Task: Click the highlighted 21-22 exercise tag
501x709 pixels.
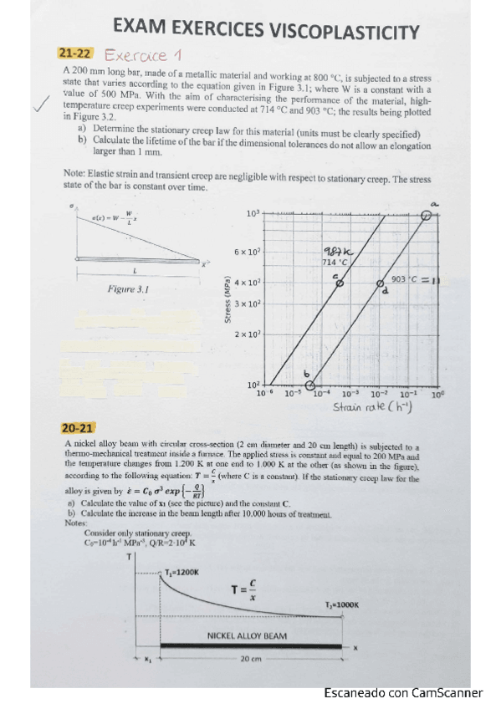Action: click(75, 54)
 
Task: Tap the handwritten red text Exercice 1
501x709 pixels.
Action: click(143, 56)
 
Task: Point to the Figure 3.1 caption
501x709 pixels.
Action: click(129, 289)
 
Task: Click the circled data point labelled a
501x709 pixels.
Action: click(427, 215)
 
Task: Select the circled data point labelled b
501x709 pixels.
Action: click(310, 385)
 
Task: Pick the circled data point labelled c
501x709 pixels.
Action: click(339, 283)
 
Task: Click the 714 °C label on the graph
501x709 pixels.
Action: click(335, 263)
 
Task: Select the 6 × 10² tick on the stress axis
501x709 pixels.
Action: click(248, 252)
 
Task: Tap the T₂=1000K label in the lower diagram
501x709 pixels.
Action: click(340, 604)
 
